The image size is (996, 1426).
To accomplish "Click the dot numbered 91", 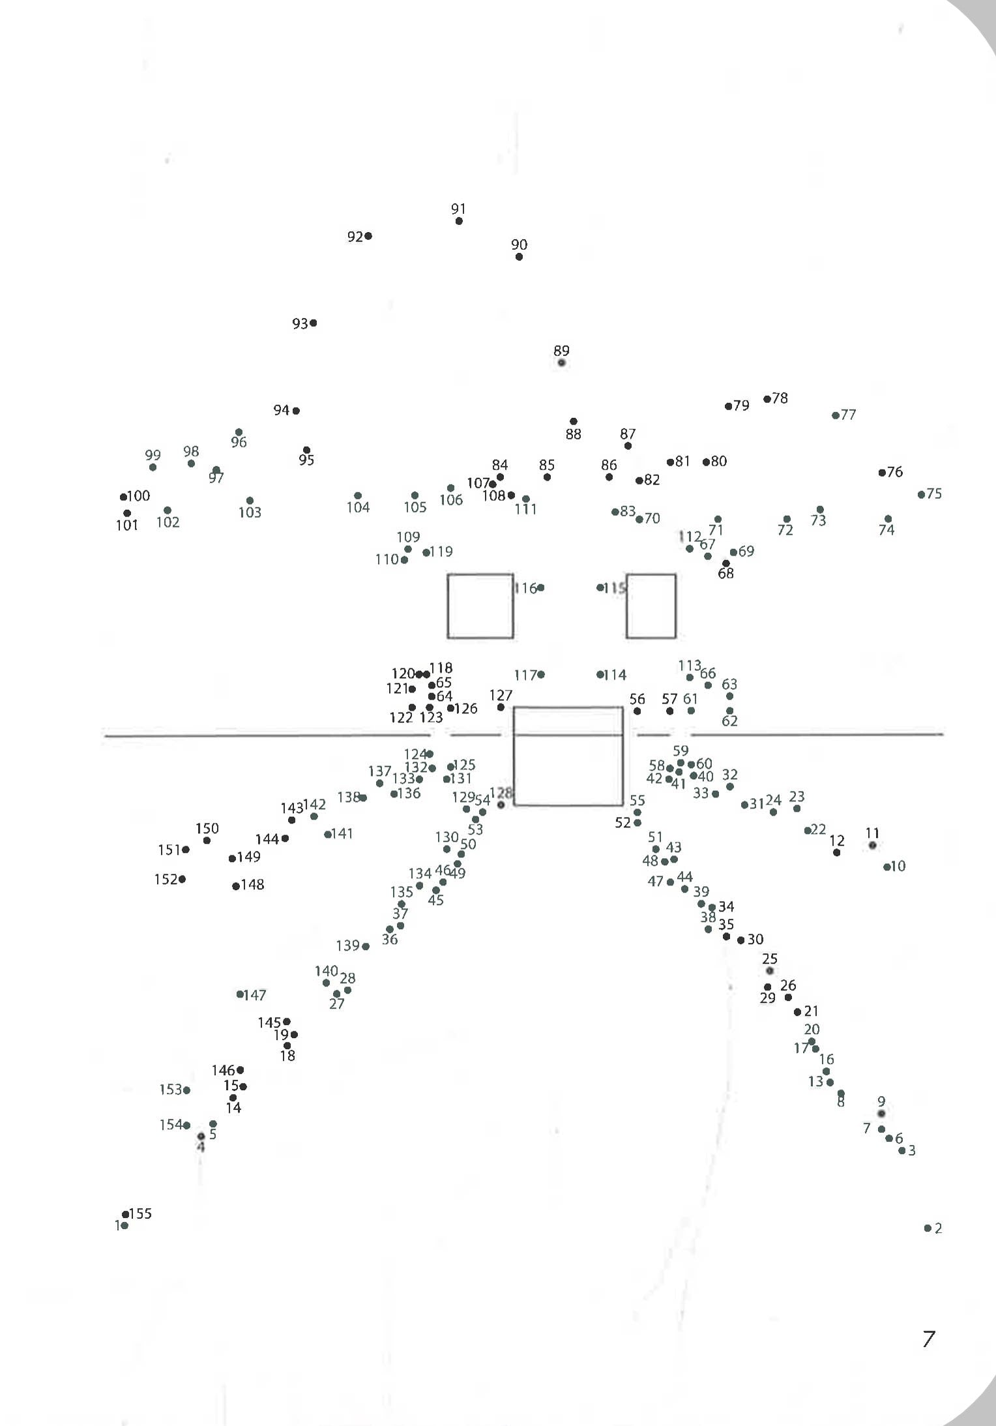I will (459, 221).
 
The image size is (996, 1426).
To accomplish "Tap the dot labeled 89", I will (561, 363).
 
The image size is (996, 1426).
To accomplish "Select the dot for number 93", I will (314, 323).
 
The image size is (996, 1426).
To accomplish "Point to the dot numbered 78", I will (767, 399).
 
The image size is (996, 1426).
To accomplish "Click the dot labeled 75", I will (921, 494).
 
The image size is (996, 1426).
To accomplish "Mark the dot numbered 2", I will (928, 1228).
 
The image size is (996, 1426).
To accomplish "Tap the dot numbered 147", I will (240, 994).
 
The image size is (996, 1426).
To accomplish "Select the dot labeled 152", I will (182, 879).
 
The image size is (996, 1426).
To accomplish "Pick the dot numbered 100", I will (123, 497).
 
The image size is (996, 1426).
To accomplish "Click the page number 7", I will (929, 1339).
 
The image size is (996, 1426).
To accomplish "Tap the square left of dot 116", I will (480, 606).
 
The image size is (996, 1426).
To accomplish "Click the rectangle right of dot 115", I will (651, 606).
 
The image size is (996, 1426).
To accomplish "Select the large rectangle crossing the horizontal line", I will (568, 756).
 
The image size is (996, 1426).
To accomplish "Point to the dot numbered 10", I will (886, 867).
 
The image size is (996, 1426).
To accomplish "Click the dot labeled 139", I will (366, 946).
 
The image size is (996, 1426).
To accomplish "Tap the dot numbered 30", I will (740, 940).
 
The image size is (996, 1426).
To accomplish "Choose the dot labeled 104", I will (357, 496).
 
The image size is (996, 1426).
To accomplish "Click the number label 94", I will (281, 410).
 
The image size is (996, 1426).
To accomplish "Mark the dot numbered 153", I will (186, 1090).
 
